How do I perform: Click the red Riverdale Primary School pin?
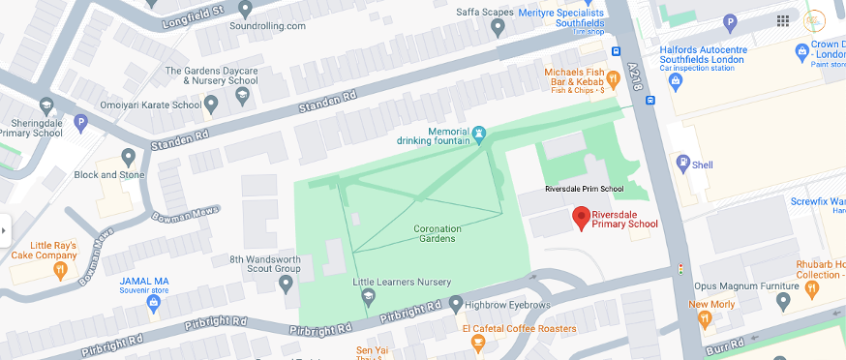[x=581, y=218]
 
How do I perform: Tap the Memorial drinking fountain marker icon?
[x=478, y=133]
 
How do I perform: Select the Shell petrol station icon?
[x=682, y=164]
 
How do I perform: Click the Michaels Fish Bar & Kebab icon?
[x=612, y=78]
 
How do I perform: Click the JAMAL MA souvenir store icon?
[x=152, y=303]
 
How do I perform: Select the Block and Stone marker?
[x=129, y=156]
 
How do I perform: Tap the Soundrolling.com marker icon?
[x=246, y=9]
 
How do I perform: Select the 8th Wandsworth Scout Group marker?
[x=286, y=284]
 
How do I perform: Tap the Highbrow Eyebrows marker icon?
[x=455, y=305]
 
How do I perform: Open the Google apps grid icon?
[x=782, y=20]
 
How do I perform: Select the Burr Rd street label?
[x=726, y=344]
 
